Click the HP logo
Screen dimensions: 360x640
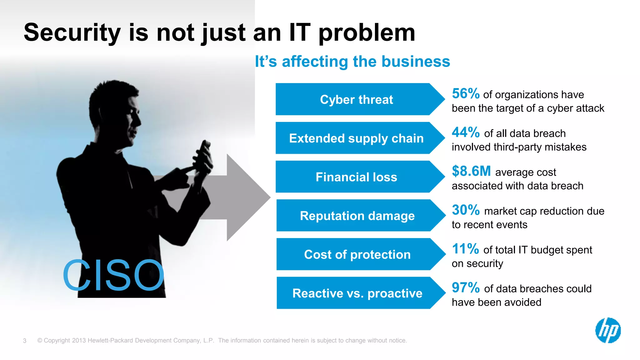tap(608, 330)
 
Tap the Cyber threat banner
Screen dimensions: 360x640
tap(356, 99)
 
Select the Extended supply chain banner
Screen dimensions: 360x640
tap(356, 138)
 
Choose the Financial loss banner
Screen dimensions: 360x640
tap(356, 177)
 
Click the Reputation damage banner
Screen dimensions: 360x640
tap(357, 216)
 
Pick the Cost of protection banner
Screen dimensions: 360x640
tap(357, 254)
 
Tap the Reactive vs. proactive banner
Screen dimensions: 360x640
tap(357, 293)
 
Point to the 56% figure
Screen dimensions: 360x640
tap(465, 94)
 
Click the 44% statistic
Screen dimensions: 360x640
tap(465, 132)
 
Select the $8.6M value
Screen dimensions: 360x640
tap(471, 171)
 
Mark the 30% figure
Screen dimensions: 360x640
tap(465, 210)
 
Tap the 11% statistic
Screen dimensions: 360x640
tap(465, 249)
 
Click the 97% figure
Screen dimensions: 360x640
tap(465, 288)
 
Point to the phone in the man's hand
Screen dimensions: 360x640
tap(205, 153)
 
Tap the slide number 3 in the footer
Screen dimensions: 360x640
tap(25, 341)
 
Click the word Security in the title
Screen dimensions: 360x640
tap(72, 33)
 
